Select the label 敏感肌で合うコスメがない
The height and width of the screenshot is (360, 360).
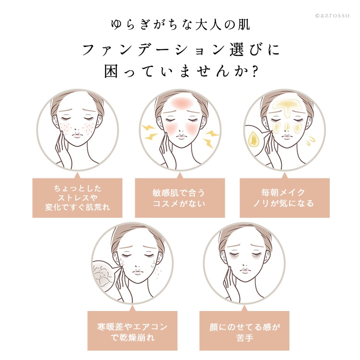180,197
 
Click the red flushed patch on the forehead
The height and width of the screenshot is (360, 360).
180,103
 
